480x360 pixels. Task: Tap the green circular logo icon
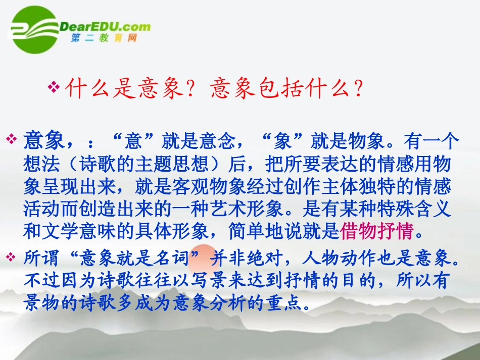pyautogui.click(x=31, y=29)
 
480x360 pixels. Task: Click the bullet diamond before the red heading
pyautogui.click(x=54, y=87)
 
